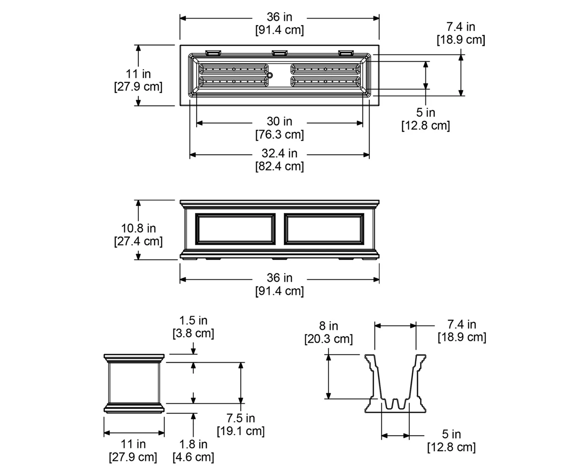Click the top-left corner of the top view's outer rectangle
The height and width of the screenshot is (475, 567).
pos(180,45)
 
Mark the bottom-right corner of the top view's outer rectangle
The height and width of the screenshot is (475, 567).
pos(379,105)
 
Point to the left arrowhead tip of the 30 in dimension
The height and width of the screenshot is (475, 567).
pos(197,123)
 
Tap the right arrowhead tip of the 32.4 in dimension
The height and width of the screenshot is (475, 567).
pos(369,154)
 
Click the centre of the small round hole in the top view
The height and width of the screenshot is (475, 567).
pos(270,75)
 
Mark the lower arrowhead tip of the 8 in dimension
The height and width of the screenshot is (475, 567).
pos(328,399)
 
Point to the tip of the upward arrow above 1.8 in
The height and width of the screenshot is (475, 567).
pos(193,413)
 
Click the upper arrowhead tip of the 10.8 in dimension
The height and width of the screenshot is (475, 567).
pos(138,200)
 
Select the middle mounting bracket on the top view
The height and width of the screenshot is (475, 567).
pos(280,53)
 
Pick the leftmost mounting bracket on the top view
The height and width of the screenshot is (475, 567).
pos(213,53)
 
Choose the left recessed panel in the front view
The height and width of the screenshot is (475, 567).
pos(235,229)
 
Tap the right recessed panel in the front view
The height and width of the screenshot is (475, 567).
pos(324,229)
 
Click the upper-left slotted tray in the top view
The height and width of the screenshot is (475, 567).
pos(233,69)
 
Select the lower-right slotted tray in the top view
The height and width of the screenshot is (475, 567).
pos(325,81)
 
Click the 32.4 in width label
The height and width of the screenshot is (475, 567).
pos(280,153)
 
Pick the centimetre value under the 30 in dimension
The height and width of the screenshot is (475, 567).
pos(280,135)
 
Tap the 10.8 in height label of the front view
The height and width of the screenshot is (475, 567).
pos(139,228)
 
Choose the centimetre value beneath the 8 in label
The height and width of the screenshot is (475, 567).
pos(329,339)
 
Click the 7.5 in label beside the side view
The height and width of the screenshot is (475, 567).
pos(241,418)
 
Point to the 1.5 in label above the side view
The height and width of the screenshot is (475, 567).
pos(193,321)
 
